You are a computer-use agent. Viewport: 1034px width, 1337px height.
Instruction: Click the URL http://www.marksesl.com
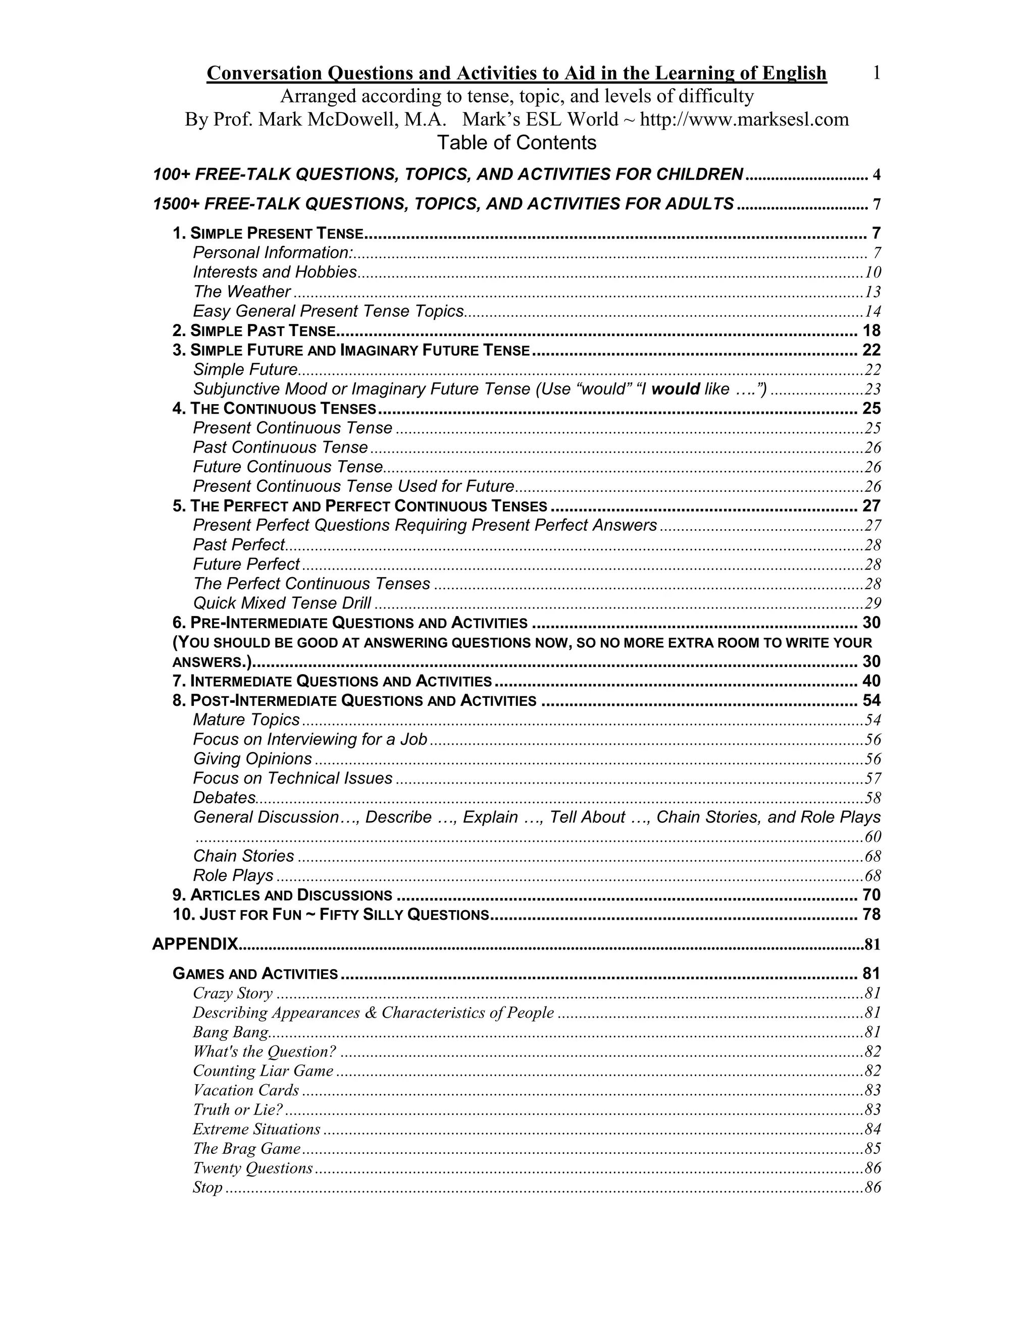[x=744, y=120]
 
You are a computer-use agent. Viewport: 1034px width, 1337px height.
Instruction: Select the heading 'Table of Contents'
[x=516, y=143]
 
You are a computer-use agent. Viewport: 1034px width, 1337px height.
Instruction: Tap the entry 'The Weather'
[x=241, y=292]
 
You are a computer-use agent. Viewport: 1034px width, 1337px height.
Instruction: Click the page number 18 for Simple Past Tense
[x=871, y=330]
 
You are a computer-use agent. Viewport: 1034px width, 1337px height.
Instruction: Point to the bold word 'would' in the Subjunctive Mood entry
[x=675, y=389]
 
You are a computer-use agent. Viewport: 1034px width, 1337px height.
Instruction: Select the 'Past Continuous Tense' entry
[x=281, y=448]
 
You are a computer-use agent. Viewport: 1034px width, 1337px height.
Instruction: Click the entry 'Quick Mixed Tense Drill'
[x=282, y=603]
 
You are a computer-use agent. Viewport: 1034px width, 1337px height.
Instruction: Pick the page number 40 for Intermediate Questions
[x=871, y=681]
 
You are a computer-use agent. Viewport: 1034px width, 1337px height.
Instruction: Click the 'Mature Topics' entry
[x=246, y=720]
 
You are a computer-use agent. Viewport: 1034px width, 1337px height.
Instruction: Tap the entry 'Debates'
[x=224, y=798]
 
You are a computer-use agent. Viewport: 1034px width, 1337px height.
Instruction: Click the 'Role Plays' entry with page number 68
[x=233, y=875]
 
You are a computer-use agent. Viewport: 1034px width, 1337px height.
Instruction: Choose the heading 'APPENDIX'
[x=195, y=944]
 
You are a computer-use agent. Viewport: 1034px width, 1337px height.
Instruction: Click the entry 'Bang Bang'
[x=230, y=1032]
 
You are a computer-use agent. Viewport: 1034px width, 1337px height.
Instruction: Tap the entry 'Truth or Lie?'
[x=238, y=1110]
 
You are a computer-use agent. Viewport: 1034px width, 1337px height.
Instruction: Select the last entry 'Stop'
[x=207, y=1188]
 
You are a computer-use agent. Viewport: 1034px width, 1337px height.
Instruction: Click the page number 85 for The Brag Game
[x=872, y=1149]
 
